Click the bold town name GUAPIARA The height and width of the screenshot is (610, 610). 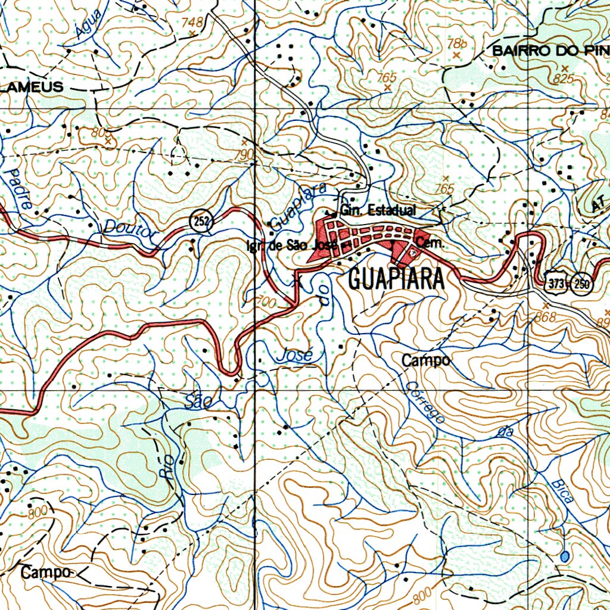pyautogui.click(x=396, y=279)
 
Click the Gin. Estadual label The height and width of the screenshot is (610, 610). pyautogui.click(x=378, y=210)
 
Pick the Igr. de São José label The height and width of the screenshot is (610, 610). pyautogui.click(x=292, y=245)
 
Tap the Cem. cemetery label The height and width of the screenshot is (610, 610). pyautogui.click(x=428, y=242)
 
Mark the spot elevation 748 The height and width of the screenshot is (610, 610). pyautogui.click(x=192, y=23)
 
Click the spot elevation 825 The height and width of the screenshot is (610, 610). pyautogui.click(x=562, y=79)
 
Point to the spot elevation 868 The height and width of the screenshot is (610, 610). pyautogui.click(x=544, y=316)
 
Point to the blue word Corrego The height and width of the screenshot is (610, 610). pyautogui.click(x=424, y=404)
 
